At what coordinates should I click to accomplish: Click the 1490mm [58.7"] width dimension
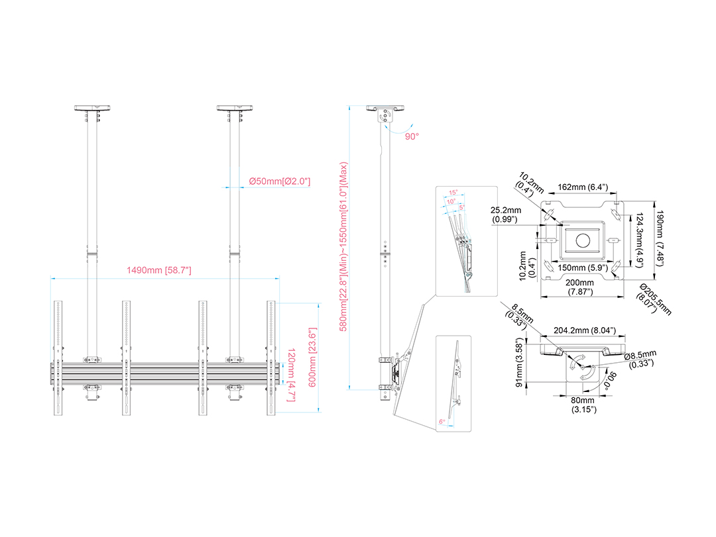tap(159, 270)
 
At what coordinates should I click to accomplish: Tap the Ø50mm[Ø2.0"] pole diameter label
tap(280, 181)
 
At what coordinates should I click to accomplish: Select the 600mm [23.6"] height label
tap(312, 358)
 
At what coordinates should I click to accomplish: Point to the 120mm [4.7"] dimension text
tap(291, 375)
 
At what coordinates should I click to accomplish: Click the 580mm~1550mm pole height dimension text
tap(344, 246)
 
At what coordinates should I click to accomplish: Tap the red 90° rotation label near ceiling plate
tap(412, 136)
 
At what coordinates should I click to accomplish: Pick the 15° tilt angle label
tap(453, 193)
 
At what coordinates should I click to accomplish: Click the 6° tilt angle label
tap(442, 422)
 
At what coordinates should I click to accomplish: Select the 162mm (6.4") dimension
tap(583, 187)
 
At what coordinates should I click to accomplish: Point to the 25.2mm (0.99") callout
tap(505, 215)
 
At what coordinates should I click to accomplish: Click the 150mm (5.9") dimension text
tap(583, 268)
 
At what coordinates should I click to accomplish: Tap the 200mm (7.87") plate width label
tap(580, 287)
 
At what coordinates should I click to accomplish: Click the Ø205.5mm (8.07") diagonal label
tap(654, 299)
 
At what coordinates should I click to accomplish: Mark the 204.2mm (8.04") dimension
tap(585, 330)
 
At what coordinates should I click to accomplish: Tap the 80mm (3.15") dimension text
tap(583, 405)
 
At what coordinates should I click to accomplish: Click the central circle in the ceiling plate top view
tap(583, 240)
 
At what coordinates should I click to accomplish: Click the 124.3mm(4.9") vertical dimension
tap(640, 240)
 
